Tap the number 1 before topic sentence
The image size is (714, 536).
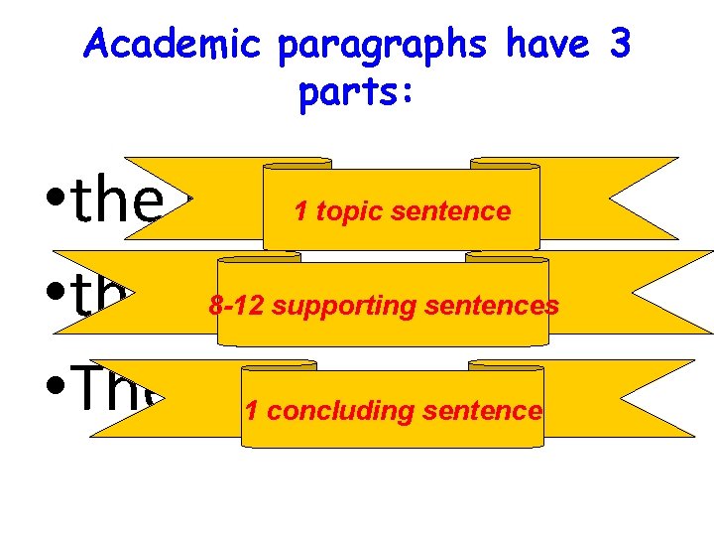pos(299,210)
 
